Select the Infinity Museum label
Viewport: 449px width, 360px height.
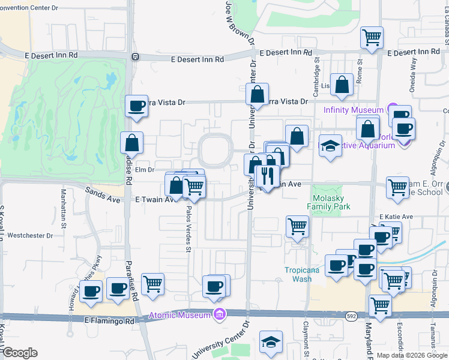[x=353, y=110]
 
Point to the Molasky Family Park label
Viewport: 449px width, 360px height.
[x=331, y=202]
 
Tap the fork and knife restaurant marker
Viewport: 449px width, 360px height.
[x=265, y=176]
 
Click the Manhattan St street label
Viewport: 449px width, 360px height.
[x=62, y=204]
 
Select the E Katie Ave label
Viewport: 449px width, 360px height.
[x=396, y=217]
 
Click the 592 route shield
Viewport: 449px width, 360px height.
[x=351, y=314]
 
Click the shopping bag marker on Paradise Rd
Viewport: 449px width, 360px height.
[x=131, y=143]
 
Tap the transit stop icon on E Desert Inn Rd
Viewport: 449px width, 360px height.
[x=135, y=57]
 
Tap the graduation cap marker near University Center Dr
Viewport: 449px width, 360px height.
[x=271, y=341]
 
